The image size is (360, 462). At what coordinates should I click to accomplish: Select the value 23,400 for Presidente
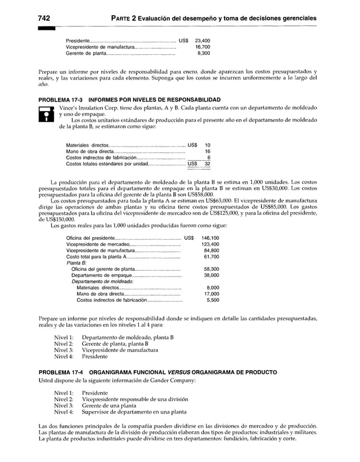[202, 41]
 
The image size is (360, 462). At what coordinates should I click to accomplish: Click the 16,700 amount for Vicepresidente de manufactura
[202, 47]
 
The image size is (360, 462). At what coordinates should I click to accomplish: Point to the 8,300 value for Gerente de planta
[204, 54]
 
